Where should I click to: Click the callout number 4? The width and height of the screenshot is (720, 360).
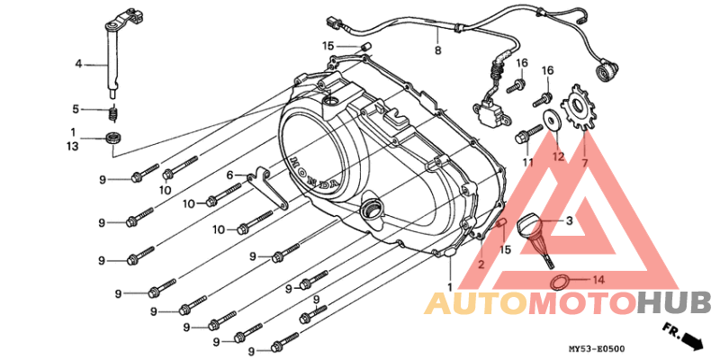(x=78, y=65)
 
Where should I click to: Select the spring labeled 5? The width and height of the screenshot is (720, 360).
(x=113, y=113)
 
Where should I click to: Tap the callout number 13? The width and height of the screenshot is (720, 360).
(x=74, y=147)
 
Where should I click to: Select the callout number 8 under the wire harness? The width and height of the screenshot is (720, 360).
(x=437, y=50)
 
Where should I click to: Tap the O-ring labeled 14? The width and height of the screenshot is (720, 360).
(x=558, y=283)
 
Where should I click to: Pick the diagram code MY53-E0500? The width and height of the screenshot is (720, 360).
(x=595, y=350)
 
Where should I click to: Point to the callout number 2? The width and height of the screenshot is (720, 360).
(x=481, y=265)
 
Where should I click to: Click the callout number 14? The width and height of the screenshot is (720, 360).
(x=598, y=279)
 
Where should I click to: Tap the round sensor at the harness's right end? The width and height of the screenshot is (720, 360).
(x=606, y=73)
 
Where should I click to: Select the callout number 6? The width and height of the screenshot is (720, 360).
(x=230, y=175)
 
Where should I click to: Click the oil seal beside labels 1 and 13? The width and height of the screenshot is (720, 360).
(x=113, y=137)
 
